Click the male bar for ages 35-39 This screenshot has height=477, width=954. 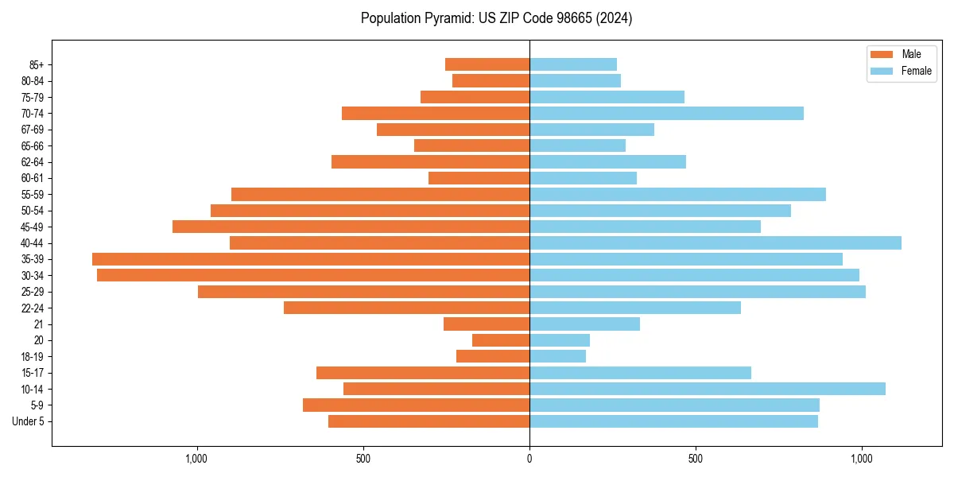click(311, 259)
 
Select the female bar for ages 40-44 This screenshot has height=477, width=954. click(715, 242)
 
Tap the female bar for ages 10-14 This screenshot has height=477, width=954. click(708, 389)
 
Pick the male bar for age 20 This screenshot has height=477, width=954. click(501, 340)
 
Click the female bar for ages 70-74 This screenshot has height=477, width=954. click(666, 113)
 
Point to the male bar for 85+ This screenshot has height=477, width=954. click(487, 64)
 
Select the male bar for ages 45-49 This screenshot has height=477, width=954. click(351, 227)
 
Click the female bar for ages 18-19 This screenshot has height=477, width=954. click(557, 356)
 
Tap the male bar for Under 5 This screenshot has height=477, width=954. click(429, 421)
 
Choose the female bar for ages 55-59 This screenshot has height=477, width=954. click(677, 194)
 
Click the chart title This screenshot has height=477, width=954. click(496, 18)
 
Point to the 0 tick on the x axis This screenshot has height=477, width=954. click(529, 459)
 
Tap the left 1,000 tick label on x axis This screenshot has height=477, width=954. click(196, 459)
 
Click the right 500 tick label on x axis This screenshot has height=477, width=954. click(696, 459)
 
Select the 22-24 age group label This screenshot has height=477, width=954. click(33, 308)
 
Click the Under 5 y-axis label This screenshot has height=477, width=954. click(28, 421)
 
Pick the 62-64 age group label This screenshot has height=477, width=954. click(33, 162)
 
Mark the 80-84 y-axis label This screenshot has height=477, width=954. click(33, 80)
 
